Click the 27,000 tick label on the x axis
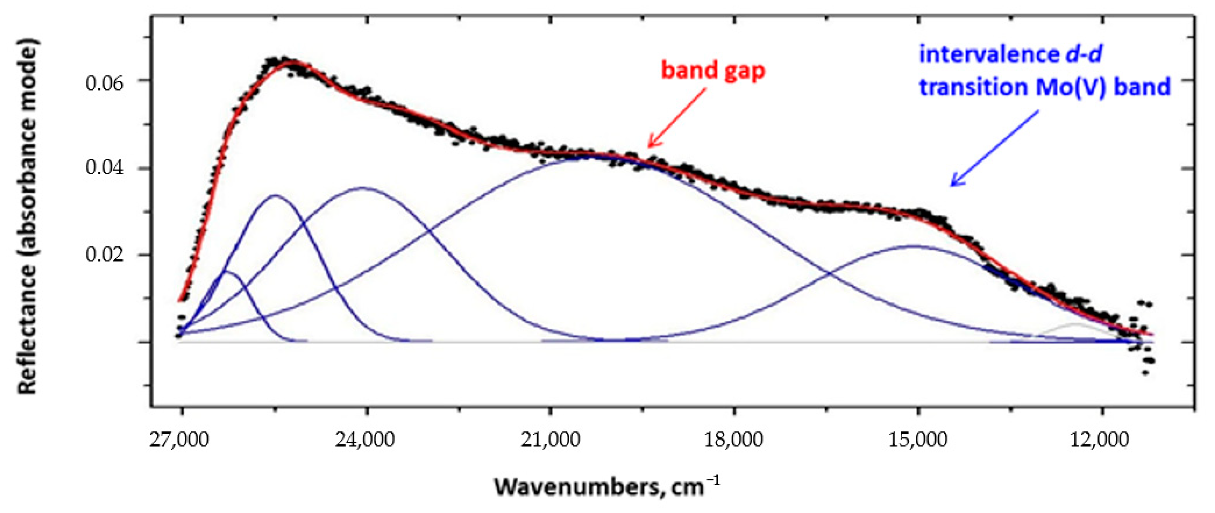tap(180, 440)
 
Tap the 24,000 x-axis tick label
tap(365, 440)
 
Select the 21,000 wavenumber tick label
tap(550, 440)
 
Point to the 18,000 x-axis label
tap(734, 440)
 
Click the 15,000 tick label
tap(918, 440)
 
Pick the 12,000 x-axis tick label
tap(1102, 440)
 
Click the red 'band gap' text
tap(713, 71)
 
